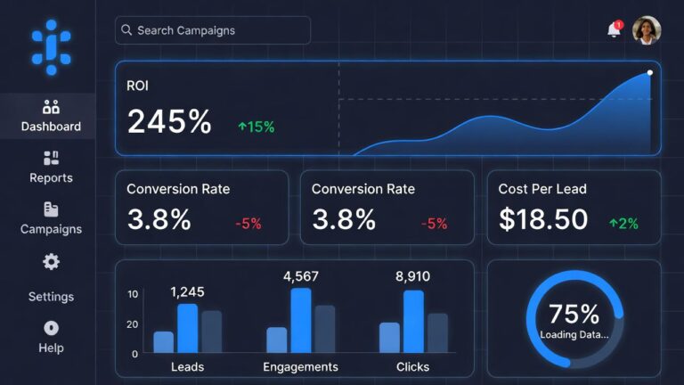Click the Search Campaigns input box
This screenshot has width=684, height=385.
213,30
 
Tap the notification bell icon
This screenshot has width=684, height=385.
614,30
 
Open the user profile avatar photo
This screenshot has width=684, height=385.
647,30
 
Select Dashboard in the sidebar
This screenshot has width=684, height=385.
51,117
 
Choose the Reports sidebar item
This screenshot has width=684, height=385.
51,168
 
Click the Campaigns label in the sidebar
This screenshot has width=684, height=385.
51,229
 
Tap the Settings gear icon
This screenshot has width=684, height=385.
52,262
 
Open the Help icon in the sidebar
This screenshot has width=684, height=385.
51,328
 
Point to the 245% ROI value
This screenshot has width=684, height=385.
169,122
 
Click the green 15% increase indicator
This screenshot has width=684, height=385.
256,127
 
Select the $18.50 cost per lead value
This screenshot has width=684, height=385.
543,219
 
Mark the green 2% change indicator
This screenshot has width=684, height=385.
623,224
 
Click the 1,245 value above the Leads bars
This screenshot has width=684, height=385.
187,291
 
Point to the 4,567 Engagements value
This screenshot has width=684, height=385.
301,276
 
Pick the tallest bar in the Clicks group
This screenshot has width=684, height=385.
413,322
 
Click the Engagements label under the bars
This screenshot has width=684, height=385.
300,366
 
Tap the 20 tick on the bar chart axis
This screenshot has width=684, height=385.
133,324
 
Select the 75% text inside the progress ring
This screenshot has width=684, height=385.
574,314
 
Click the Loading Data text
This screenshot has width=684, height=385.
574,335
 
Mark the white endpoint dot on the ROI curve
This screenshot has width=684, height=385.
650,72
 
